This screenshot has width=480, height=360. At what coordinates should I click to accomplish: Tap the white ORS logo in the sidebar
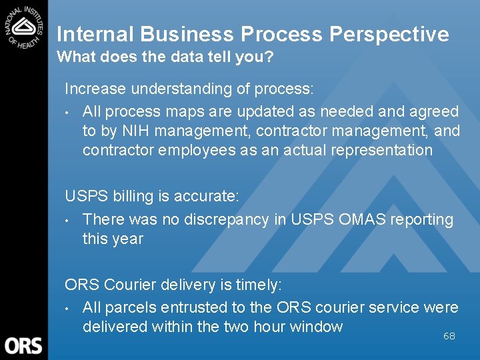[23, 346]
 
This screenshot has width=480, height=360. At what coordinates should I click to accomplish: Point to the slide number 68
[449, 336]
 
